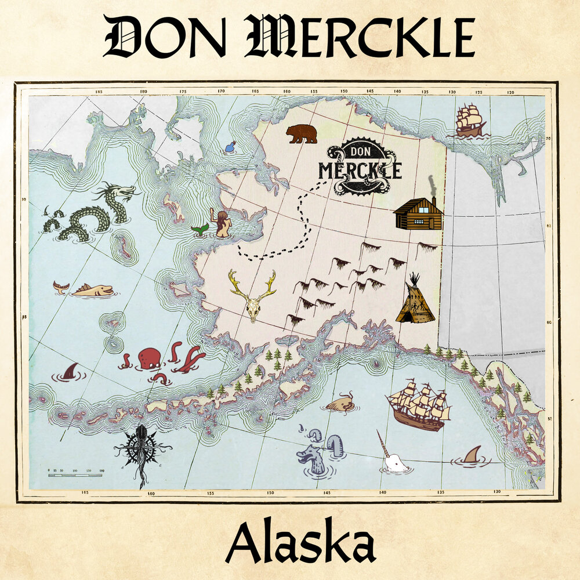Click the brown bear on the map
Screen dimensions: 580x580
(x=302, y=133)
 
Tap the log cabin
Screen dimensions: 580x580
(x=418, y=214)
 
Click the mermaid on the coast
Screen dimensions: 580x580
(x=222, y=224)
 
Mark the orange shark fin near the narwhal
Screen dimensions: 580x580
(x=473, y=455)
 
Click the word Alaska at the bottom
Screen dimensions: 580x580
(x=300, y=543)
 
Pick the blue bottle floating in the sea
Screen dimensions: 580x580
(x=231, y=147)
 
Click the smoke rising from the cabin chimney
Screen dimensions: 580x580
(x=430, y=184)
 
